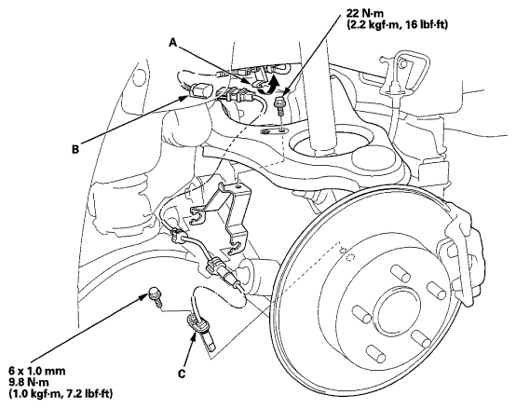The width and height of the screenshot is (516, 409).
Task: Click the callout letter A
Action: point(173,42)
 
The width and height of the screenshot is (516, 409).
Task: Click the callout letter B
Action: point(75,149)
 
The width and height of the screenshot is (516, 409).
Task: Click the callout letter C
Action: point(182,374)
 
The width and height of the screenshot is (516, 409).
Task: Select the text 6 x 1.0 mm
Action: point(37,371)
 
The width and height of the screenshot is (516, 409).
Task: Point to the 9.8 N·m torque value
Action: point(29,382)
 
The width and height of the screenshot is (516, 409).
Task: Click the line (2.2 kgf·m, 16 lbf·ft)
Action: point(397,25)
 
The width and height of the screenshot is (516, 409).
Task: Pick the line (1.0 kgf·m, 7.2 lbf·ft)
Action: point(61,393)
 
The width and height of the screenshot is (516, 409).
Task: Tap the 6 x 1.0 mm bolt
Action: point(155,296)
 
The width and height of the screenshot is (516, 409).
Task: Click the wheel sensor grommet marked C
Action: point(197,323)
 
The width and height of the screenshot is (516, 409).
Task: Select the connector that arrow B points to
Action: point(201,90)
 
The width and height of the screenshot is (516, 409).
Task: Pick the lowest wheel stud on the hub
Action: point(376,353)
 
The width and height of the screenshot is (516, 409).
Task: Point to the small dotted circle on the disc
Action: point(351,258)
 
